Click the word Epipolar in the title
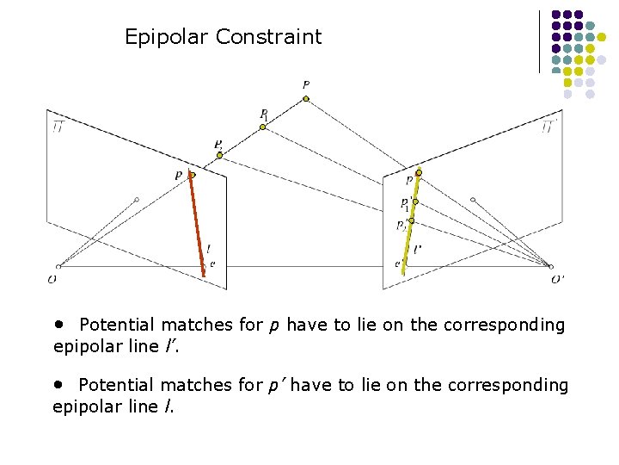coord(167,37)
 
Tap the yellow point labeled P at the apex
coord(305,99)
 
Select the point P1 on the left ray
coord(263,127)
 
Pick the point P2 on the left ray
coord(219,155)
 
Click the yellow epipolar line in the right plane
coord(411,220)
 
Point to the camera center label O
coord(53,279)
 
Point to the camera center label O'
coord(557,279)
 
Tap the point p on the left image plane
coord(192,175)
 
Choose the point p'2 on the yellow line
coord(411,221)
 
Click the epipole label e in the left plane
coord(212,263)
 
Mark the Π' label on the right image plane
coord(549,127)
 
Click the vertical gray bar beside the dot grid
coord(540,41)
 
